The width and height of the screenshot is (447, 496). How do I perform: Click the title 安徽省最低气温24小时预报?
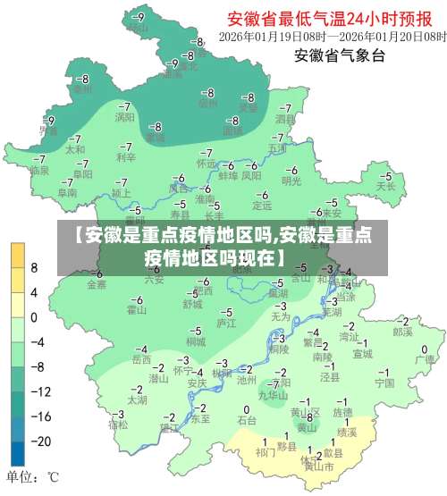(x=336, y=18)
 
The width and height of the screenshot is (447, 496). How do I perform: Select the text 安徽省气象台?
(x=340, y=56)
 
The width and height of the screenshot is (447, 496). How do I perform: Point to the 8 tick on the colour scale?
(x=34, y=267)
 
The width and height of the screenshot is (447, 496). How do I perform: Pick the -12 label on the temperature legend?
(x=40, y=391)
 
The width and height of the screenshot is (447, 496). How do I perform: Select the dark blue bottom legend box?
(x=18, y=453)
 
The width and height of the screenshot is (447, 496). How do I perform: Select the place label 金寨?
(x=97, y=284)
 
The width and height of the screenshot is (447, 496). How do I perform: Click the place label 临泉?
(x=38, y=170)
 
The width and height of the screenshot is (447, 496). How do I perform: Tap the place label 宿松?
(x=118, y=425)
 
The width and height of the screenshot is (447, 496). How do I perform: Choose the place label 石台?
(x=247, y=418)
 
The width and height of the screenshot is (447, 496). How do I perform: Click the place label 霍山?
(x=136, y=310)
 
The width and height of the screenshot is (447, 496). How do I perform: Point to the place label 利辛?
(x=125, y=157)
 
